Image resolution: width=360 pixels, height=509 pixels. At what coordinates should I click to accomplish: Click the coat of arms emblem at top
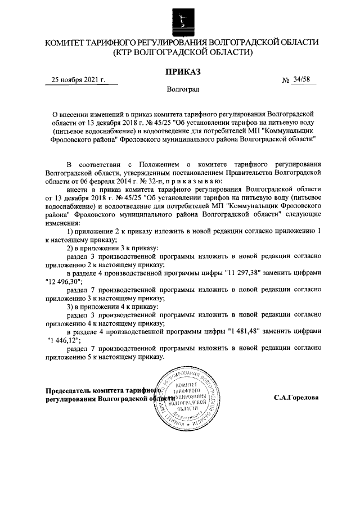180,19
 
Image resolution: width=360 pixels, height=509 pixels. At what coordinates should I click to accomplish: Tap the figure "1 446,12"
64,340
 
